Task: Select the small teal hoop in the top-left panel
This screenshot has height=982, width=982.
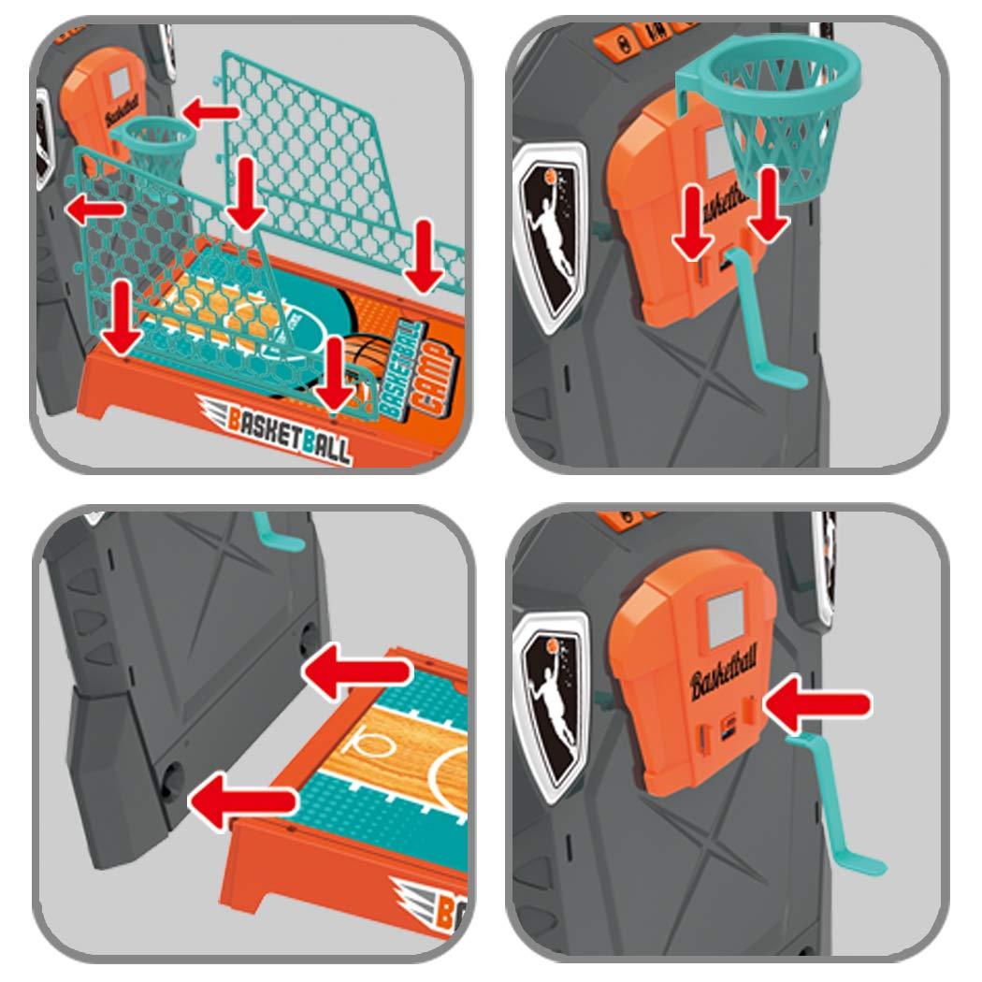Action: point(153,140)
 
